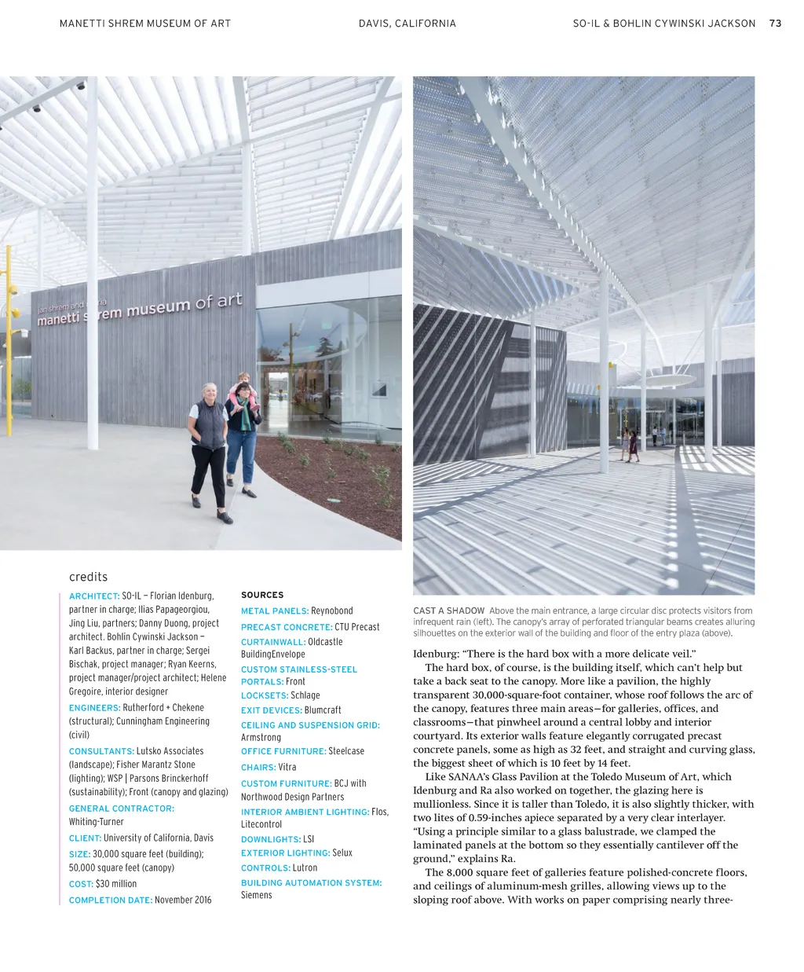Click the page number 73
coord(775,24)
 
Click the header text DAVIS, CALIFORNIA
coord(407,24)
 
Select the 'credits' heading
coord(88,577)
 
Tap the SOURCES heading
coord(262,595)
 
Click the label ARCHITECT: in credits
coord(94,596)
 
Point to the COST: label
coord(81,884)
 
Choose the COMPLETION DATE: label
coord(110,900)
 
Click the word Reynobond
coord(332,611)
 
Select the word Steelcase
coord(346,751)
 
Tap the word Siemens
coord(257,895)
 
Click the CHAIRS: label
coord(258,767)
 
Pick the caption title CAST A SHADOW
coord(448,611)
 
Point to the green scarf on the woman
coord(246,416)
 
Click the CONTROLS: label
coord(265,868)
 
